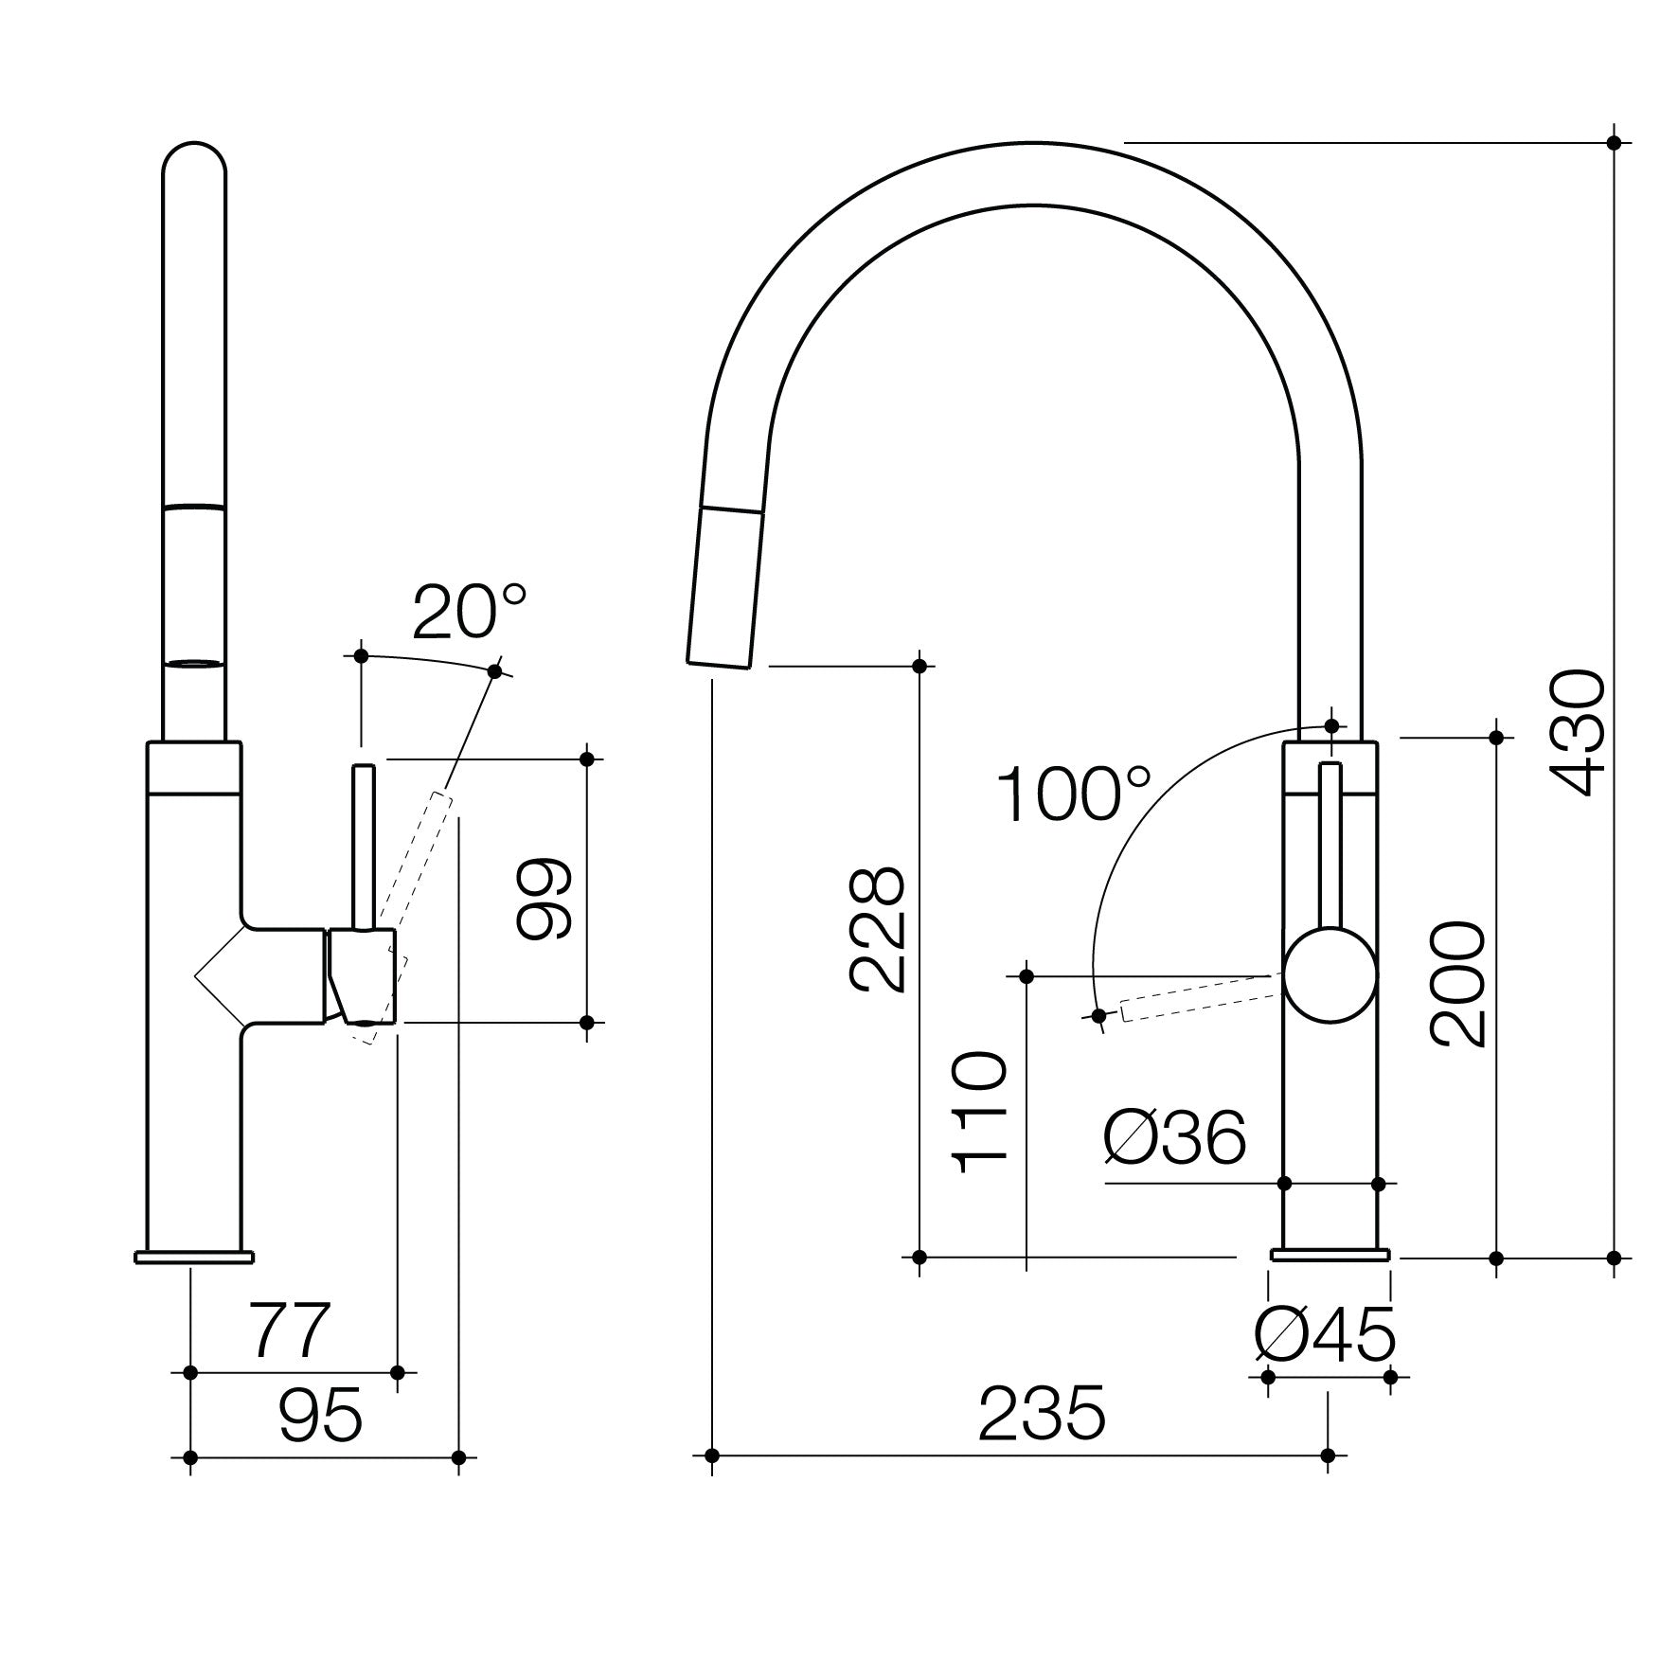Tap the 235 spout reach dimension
[x=1042, y=1414]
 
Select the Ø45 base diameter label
[x=1325, y=1335]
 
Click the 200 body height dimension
[x=1458, y=985]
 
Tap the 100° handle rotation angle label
[x=1073, y=795]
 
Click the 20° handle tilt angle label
[x=469, y=613]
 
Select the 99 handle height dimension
[x=544, y=899]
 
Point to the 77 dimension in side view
[x=290, y=1330]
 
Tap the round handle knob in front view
[x=1330, y=975]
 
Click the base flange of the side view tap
[x=194, y=1257]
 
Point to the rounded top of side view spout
[x=194, y=161]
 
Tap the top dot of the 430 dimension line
[x=1615, y=143]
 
